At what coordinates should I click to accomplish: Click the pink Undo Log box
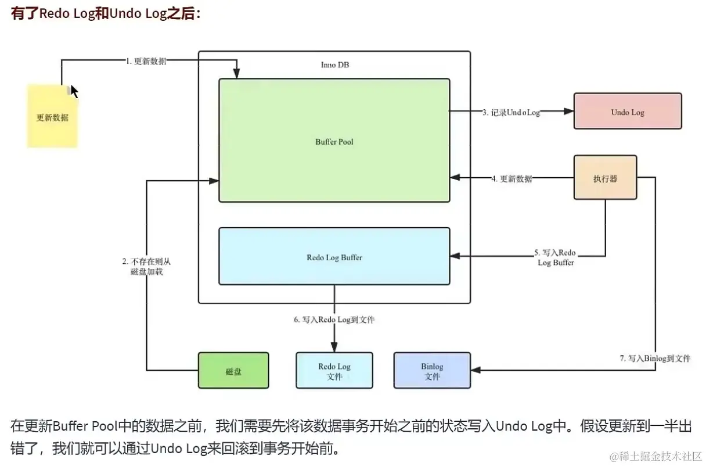628,111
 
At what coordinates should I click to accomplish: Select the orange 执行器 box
605,177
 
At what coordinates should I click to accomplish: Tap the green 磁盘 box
233,370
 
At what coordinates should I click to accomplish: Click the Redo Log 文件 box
334,370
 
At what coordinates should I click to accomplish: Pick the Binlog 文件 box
432,370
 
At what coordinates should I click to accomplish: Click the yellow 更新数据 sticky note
52,116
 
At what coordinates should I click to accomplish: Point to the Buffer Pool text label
334,142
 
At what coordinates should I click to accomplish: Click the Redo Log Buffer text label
334,257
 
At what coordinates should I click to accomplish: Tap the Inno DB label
335,64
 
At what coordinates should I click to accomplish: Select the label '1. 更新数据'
146,61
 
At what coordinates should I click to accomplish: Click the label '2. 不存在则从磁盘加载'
146,266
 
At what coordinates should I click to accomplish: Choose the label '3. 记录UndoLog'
512,112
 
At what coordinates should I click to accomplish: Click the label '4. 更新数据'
512,179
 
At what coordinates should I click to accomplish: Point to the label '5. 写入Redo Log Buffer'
556,257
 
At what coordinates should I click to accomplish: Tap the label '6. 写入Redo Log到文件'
334,320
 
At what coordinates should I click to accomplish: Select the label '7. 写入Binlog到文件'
655,359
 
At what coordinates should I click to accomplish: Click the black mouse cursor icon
74,91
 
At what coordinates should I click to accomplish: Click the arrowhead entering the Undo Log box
569,111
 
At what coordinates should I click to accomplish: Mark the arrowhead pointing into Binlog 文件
476,370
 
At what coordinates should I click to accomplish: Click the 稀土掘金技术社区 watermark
655,456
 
